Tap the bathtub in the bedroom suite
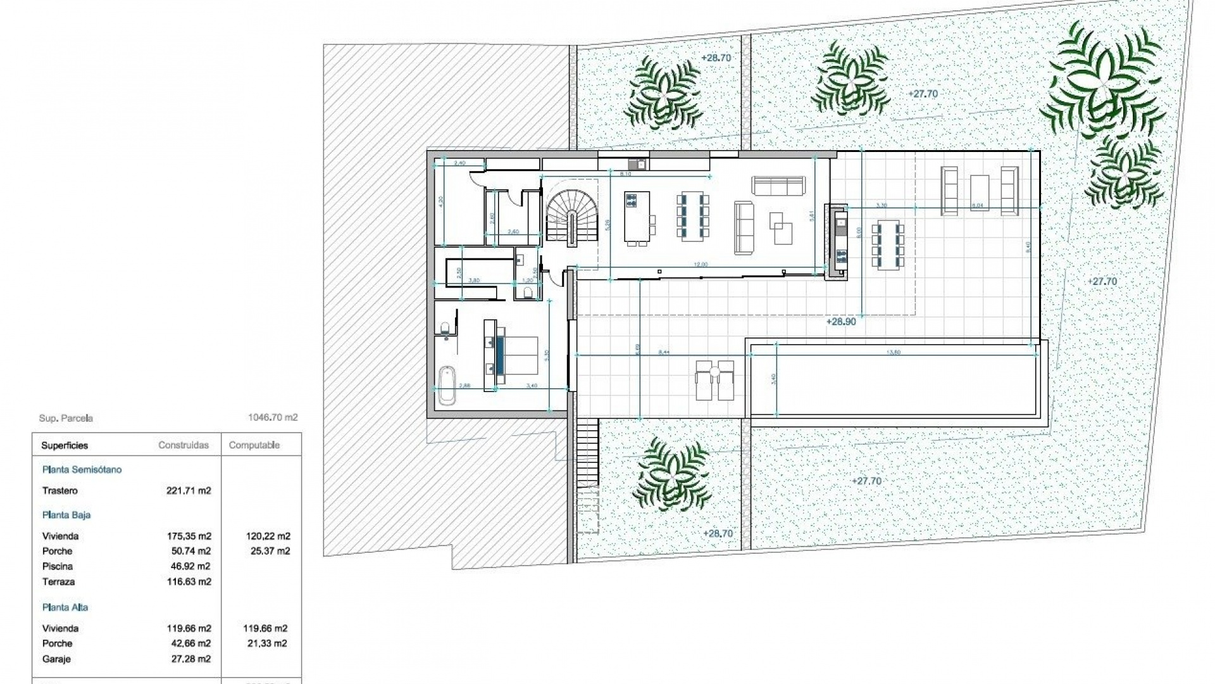point(447,386)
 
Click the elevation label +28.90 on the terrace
point(841,322)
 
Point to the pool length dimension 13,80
point(894,352)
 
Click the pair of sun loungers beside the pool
point(715,380)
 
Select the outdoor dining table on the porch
point(888,246)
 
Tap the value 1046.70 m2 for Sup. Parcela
point(273,417)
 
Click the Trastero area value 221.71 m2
point(189,491)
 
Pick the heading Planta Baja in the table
point(66,515)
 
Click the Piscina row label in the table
point(58,566)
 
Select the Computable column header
point(254,445)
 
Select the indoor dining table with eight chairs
point(692,217)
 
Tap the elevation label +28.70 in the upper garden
point(716,58)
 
